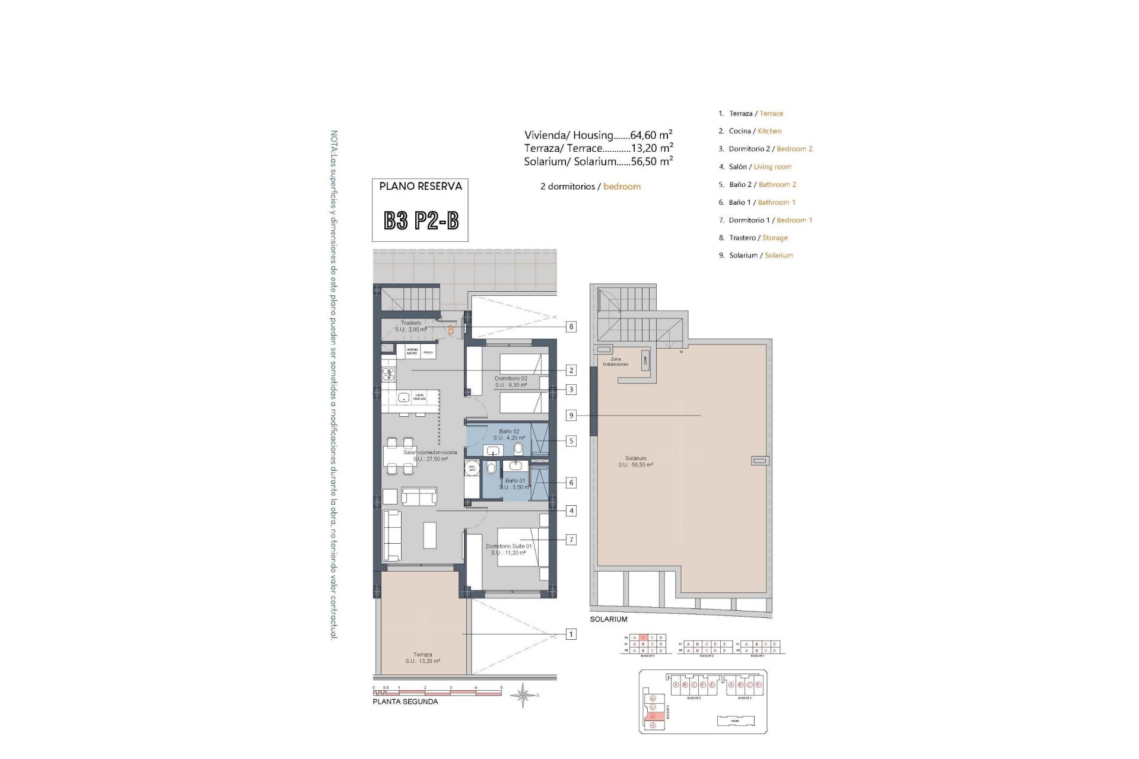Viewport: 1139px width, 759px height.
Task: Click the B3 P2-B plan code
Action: coord(421,221)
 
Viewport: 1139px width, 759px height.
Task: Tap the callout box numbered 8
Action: coord(571,327)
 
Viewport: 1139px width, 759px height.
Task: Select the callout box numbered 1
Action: coord(571,634)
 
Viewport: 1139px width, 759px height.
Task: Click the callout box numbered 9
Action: coord(571,416)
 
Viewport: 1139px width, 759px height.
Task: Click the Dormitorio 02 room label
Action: coord(511,381)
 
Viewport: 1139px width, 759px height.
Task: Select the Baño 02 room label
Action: coord(509,434)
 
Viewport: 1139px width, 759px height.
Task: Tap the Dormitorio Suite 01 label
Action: coord(508,549)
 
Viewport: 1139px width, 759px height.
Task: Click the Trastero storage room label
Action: coord(411,326)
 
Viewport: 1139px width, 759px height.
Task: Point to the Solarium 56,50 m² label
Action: coord(635,461)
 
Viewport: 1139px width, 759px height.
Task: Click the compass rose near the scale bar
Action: coord(523,695)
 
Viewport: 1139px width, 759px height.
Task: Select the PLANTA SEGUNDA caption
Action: coord(405,701)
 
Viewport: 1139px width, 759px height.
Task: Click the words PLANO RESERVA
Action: coord(421,186)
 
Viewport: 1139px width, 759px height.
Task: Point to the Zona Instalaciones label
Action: coord(615,362)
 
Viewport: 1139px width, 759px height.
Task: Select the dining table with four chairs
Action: coord(399,455)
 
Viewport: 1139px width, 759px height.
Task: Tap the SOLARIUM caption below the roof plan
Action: coord(608,619)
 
